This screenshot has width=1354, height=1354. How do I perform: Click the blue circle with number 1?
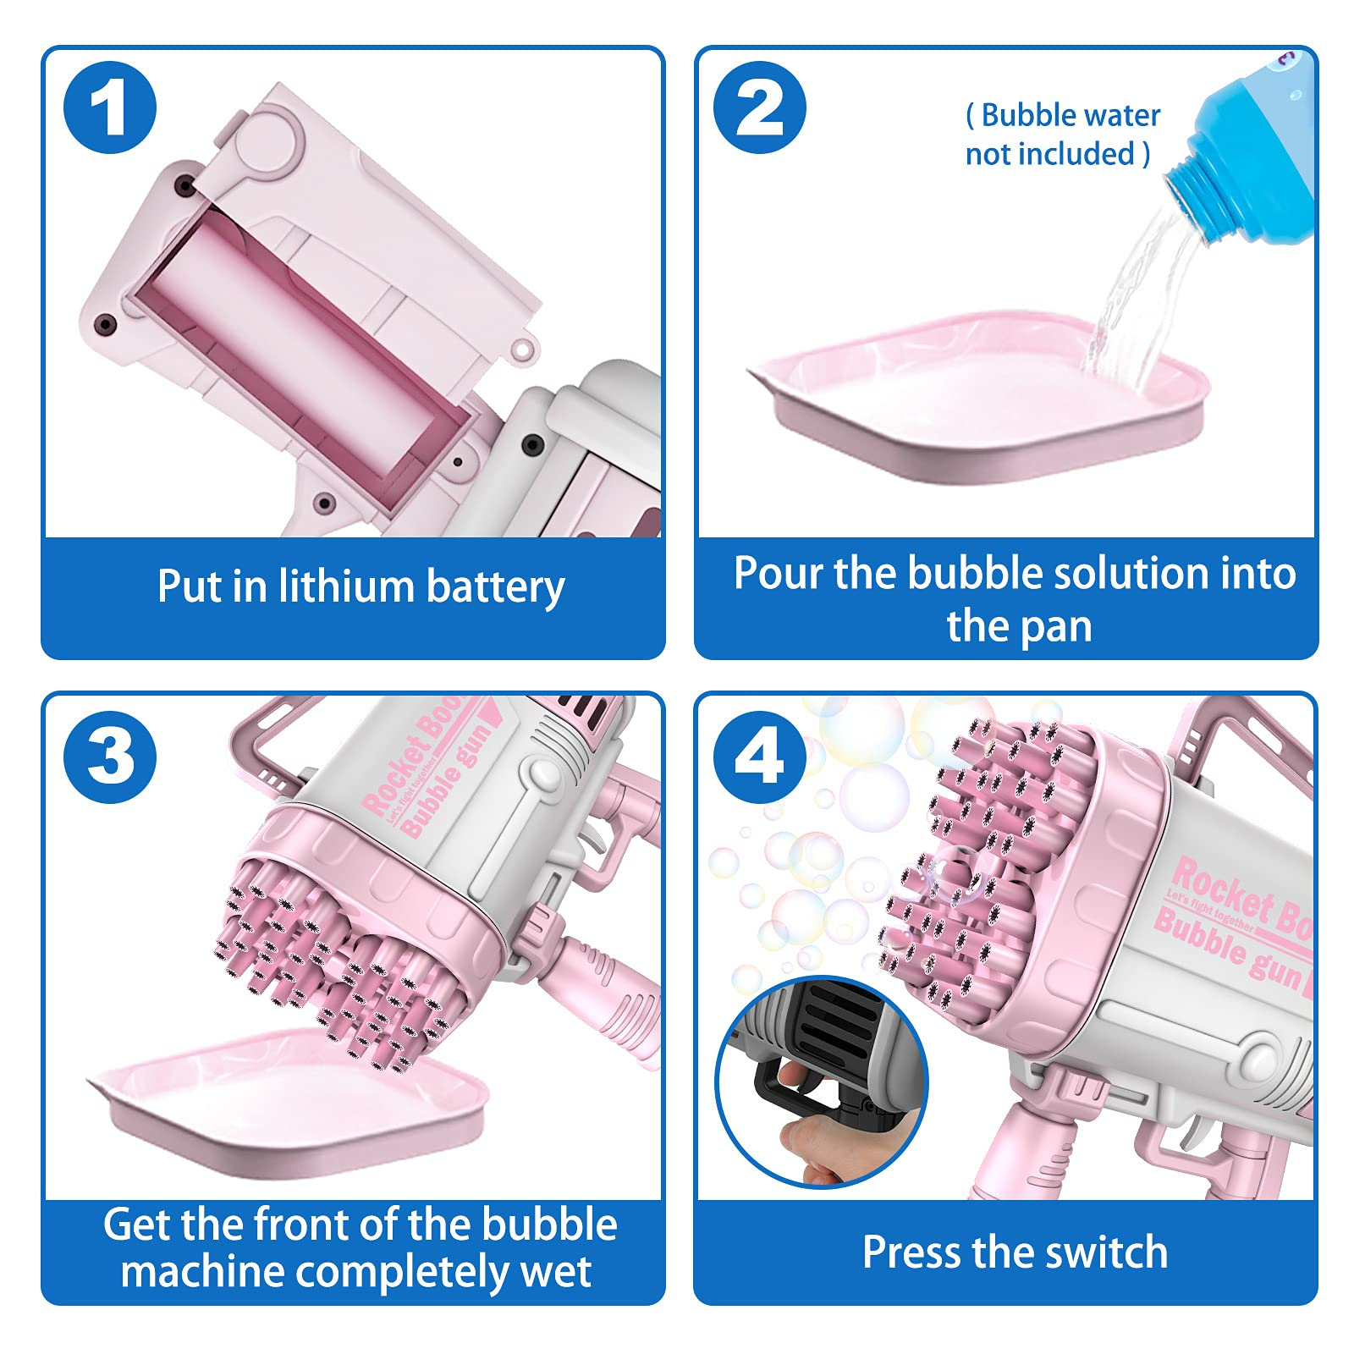110,107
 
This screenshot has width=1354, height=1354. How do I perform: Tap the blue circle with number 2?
759,107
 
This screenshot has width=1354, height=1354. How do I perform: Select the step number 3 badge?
110,757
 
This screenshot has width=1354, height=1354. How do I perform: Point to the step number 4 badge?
759,757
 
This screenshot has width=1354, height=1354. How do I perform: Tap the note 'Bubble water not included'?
1062,135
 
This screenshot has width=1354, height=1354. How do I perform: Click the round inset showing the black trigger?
822,1082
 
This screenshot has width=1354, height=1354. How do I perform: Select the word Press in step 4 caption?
912,1252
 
